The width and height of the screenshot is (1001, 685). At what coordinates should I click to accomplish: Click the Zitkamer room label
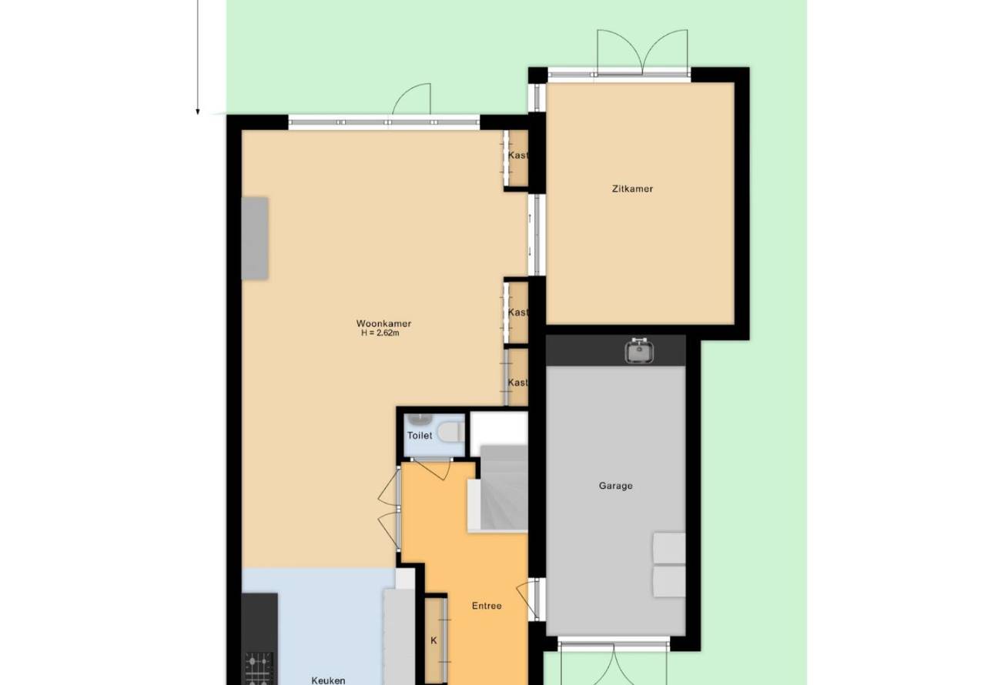pos(632,189)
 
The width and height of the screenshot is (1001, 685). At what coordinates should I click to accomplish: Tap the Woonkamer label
pos(383,323)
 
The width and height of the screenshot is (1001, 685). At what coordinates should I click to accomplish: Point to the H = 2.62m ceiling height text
pos(380,333)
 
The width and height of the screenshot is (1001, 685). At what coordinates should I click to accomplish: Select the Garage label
pos(615,486)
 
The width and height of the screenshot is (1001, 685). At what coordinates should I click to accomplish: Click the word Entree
pos(487,606)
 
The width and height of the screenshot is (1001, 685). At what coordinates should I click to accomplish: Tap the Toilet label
pos(420,436)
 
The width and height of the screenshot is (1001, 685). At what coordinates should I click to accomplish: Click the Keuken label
pos(328,680)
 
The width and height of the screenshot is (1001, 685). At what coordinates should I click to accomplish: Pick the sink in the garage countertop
pos(640,351)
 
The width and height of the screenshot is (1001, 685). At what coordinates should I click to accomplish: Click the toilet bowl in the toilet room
pos(450,433)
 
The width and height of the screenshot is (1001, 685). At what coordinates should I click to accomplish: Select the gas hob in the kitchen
pos(259,669)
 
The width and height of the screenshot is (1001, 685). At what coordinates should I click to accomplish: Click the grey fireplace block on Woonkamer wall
pos(255,239)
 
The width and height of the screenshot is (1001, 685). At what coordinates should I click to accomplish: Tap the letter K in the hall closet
pos(434,641)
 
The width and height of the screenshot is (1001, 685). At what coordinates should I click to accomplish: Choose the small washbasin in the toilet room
pos(419,419)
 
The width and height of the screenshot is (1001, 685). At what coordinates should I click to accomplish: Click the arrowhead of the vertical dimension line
pos(198,112)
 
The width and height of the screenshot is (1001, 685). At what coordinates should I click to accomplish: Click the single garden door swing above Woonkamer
pos(412,99)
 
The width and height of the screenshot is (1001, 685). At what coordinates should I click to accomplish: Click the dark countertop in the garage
pos(615,351)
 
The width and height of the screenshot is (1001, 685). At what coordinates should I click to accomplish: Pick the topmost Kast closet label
pos(518,155)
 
